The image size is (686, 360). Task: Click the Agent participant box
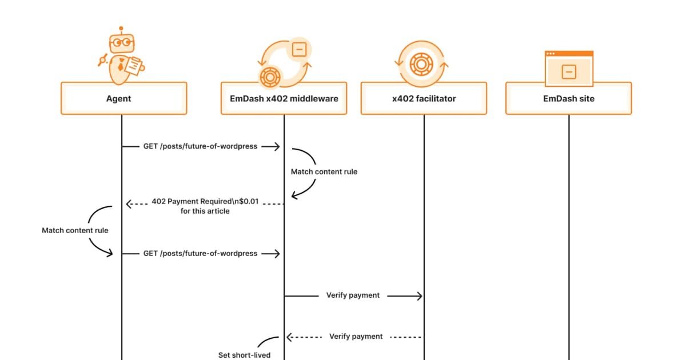pyautogui.click(x=123, y=98)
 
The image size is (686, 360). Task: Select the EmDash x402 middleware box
pyautogui.click(x=284, y=98)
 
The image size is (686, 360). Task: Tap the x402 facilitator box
pyautogui.click(x=424, y=98)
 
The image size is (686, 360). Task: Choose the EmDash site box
pyautogui.click(x=568, y=98)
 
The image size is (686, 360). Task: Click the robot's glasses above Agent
pyautogui.click(x=122, y=42)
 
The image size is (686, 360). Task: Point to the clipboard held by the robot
pyautogui.click(x=133, y=65)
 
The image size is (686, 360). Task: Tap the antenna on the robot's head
pyautogui.click(x=121, y=29)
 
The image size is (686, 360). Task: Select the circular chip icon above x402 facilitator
pyautogui.click(x=424, y=63)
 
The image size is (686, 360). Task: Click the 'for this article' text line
pyautogui.click(x=205, y=211)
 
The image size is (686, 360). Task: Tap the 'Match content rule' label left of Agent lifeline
pyautogui.click(x=75, y=231)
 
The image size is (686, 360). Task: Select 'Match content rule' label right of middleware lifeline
pyautogui.click(x=324, y=172)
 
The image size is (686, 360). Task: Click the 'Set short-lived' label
pyautogui.click(x=244, y=355)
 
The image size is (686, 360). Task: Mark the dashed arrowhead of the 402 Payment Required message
pyautogui.click(x=130, y=203)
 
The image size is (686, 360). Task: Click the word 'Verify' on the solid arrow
pyautogui.click(x=337, y=295)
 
